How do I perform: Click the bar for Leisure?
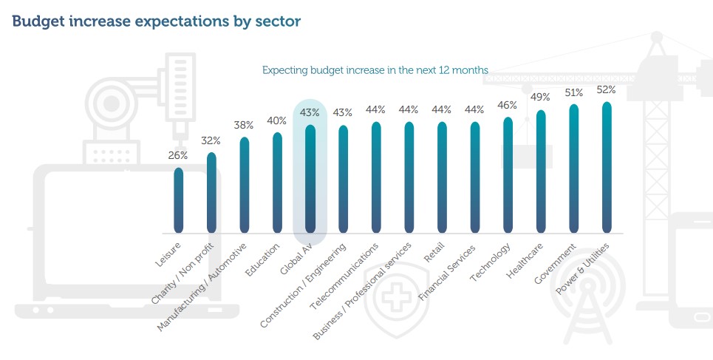(179, 200)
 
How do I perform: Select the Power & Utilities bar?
(607, 167)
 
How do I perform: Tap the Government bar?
(574, 169)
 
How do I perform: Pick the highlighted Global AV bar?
(310, 178)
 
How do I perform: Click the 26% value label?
(178, 155)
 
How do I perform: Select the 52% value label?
(607, 89)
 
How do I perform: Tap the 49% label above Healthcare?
(541, 98)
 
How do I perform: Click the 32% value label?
(211, 140)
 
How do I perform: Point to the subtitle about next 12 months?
(375, 70)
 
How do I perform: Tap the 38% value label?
(244, 125)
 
